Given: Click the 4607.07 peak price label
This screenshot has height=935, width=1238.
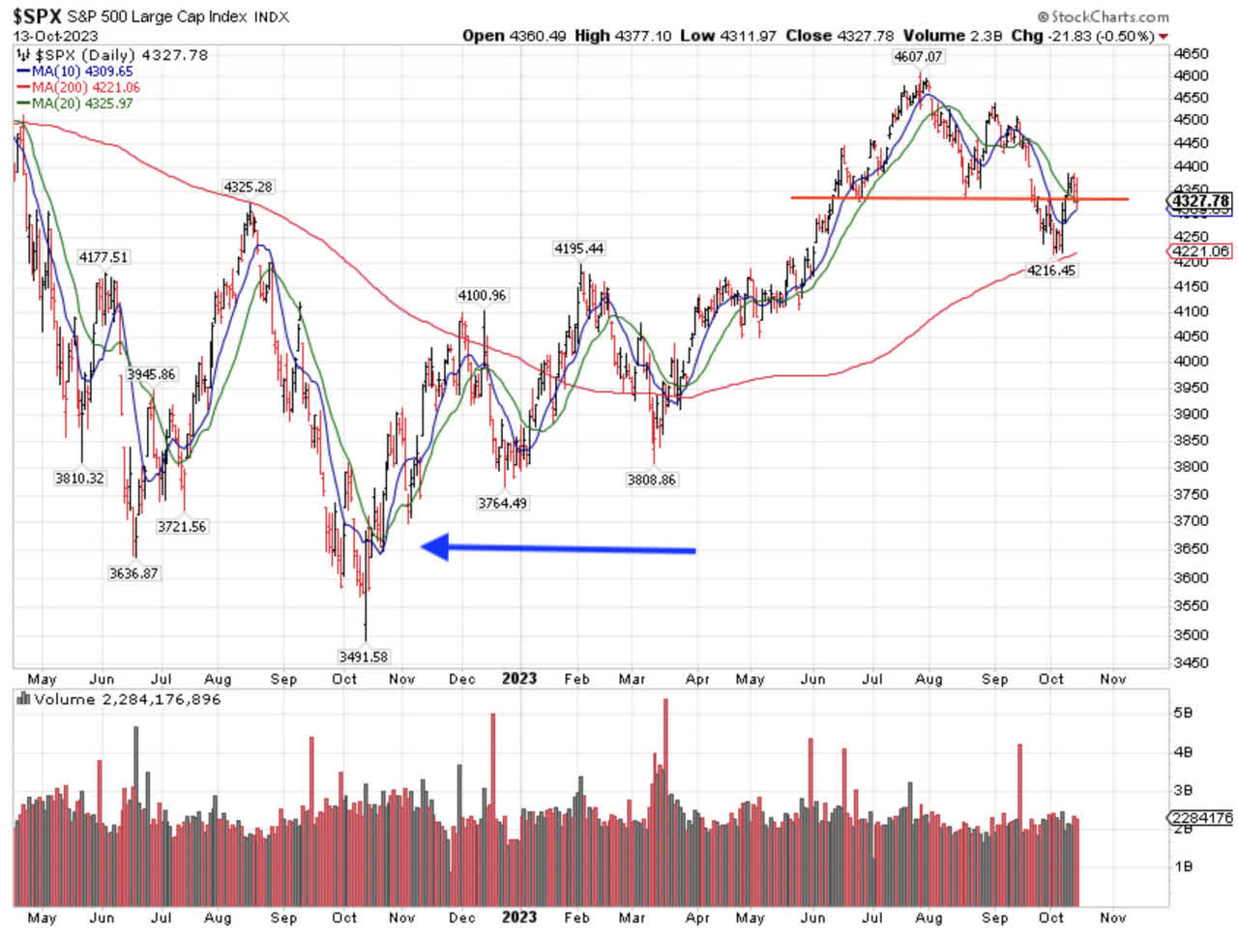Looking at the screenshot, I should [x=918, y=57].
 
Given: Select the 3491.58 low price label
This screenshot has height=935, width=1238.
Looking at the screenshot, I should [x=364, y=657].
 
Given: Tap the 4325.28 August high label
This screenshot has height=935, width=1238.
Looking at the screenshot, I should [x=248, y=187].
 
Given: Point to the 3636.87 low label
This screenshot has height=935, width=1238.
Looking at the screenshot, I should [x=133, y=573].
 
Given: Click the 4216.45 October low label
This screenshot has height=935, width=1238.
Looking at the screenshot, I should [x=1052, y=271].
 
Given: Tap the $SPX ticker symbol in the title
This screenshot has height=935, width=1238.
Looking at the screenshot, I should [x=37, y=15].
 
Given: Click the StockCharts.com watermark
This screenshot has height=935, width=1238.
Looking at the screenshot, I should [x=1103, y=16].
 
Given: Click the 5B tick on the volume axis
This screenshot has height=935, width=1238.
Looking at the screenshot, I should [x=1182, y=712].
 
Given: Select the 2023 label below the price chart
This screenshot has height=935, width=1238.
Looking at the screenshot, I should [x=518, y=679].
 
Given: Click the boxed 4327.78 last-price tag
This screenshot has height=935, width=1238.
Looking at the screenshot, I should [x=1200, y=201].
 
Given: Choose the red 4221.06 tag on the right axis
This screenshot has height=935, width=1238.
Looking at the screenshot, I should [x=1200, y=251].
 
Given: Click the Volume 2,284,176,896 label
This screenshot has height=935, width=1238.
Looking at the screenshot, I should [x=127, y=699].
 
